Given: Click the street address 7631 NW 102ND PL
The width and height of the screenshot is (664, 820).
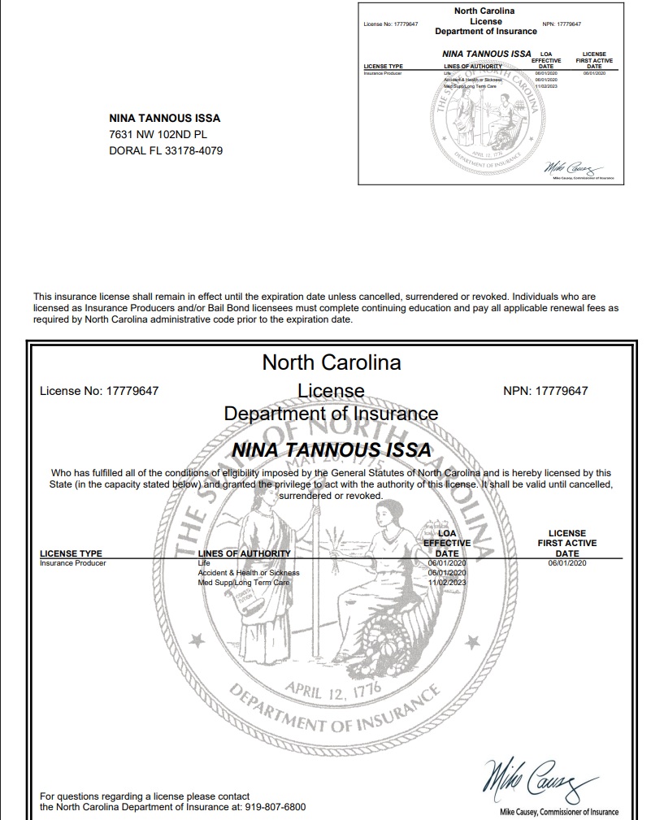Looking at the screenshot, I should [160, 134].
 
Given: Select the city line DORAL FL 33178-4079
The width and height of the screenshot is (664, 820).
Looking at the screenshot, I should [166, 150].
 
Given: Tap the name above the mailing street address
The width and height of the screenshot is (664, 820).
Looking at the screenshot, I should [165, 118].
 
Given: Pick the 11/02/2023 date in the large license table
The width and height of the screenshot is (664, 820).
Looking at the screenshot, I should [447, 582].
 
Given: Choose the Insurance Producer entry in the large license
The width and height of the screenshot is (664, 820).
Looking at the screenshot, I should [73, 562].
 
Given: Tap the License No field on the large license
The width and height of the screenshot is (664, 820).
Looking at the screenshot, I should [99, 391].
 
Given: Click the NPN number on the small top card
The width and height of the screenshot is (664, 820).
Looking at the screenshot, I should [561, 24].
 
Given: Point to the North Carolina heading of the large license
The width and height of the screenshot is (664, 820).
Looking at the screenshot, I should [332, 362].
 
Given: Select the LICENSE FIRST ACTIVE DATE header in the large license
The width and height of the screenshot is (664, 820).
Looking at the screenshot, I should [566, 543].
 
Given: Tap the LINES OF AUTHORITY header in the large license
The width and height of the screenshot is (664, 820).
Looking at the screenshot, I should [244, 553].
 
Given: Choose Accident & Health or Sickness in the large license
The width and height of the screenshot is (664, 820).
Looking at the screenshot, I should [249, 572].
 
